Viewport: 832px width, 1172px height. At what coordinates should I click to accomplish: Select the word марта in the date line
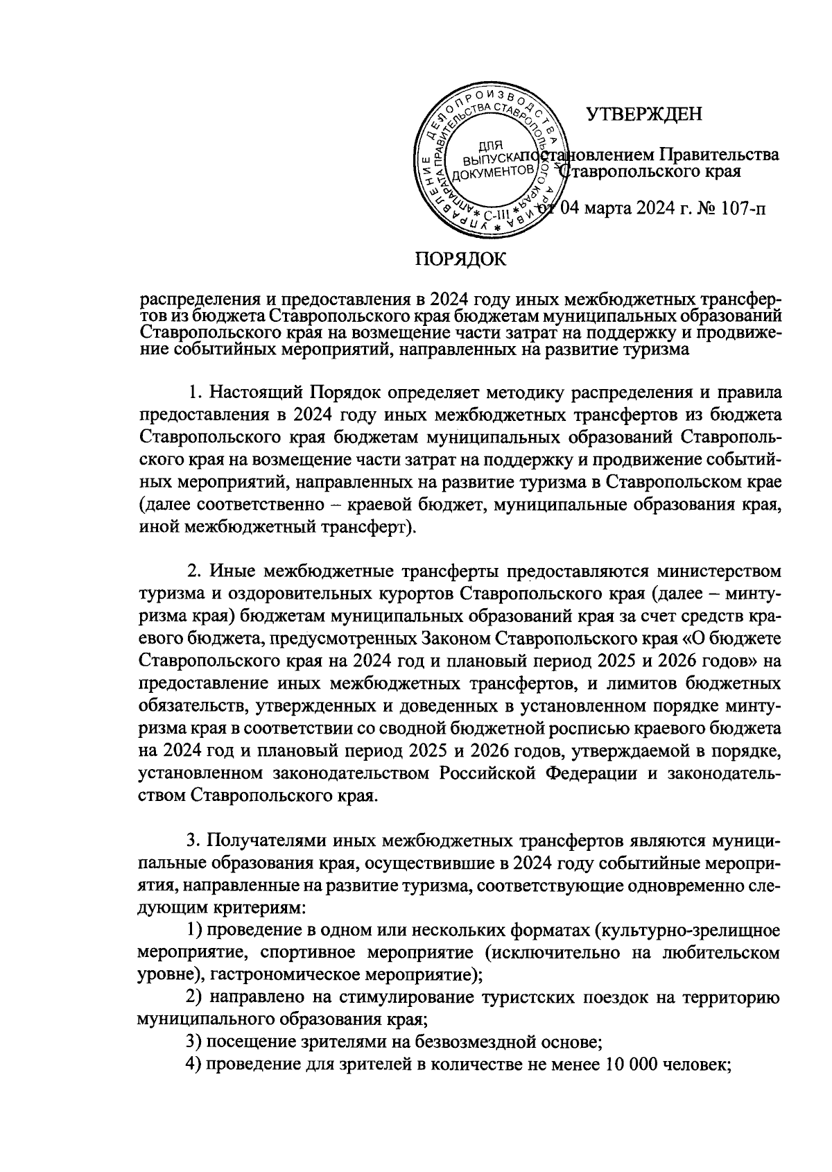[609, 208]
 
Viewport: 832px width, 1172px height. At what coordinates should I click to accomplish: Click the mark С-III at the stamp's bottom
[496, 214]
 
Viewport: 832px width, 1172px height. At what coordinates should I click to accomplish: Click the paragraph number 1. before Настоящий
[196, 393]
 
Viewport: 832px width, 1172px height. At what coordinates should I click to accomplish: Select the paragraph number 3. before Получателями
[195, 841]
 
